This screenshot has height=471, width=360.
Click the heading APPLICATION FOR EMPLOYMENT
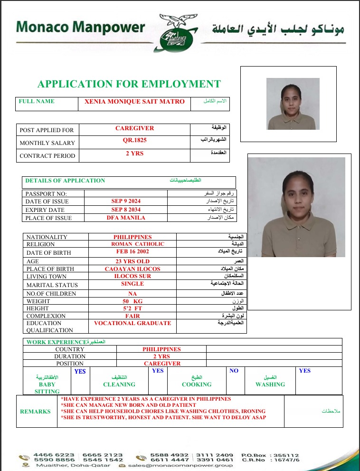[129, 85]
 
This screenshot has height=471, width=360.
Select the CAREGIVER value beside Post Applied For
[134, 128]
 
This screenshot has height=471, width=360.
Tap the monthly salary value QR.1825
[134, 141]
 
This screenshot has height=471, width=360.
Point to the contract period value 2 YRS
[134, 154]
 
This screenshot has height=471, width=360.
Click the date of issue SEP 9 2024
[126, 201]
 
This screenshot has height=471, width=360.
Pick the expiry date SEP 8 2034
[126, 210]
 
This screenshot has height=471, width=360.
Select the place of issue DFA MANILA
[126, 218]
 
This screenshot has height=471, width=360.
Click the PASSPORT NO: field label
[46, 193]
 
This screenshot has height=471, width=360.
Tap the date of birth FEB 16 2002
[133, 252]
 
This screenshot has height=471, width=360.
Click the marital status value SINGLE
[133, 284]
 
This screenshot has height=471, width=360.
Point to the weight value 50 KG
[133, 301]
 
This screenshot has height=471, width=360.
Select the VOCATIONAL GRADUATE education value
[133, 323]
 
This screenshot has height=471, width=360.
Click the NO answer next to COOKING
[234, 371]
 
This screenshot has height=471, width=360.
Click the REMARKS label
[35, 412]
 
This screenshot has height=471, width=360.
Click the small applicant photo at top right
[293, 103]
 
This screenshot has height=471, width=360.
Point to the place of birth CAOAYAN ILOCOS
[133, 269]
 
